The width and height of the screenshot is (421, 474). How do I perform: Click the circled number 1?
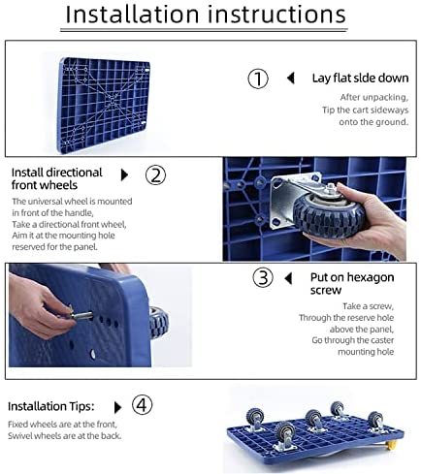click(258, 79)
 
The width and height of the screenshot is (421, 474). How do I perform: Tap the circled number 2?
click(155, 175)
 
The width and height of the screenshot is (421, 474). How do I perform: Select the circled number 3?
click(263, 278)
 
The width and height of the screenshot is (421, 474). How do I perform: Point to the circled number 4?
click(142, 405)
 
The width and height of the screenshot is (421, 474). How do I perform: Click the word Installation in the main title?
click(132, 15)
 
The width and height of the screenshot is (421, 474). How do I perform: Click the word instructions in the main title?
click(276, 15)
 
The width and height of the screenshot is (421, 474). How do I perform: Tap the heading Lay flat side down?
click(360, 79)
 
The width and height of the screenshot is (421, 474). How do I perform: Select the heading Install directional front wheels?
click(57, 178)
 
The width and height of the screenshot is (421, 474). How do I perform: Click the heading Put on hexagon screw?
click(352, 284)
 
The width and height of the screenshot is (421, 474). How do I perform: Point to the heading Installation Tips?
click(51, 406)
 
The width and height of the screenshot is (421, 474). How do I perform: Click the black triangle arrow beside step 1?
click(291, 78)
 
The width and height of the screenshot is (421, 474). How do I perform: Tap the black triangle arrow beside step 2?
click(124, 174)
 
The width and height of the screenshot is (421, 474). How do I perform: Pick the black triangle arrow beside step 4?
click(118, 407)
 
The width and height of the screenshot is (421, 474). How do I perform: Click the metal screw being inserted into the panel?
click(81, 314)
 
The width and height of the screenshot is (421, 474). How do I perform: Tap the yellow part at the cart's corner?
click(391, 446)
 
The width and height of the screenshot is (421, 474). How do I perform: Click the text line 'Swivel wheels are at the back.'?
click(65, 436)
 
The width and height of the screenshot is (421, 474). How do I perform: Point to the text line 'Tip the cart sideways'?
click(366, 110)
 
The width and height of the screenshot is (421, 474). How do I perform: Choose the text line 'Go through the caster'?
click(353, 340)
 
